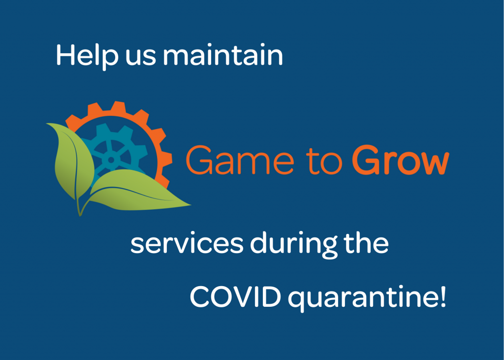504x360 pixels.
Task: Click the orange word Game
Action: pos(240,160)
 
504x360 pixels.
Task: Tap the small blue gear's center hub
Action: pos(111,160)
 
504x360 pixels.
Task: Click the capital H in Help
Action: pos(65,55)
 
